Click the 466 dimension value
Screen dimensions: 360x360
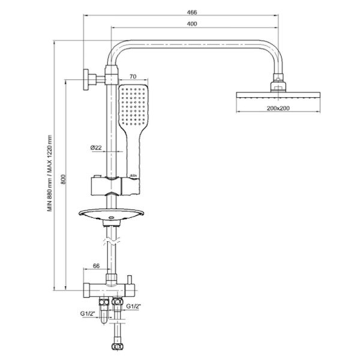point(191,12)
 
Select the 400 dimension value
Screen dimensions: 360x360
point(191,24)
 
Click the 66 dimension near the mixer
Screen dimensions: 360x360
point(96,266)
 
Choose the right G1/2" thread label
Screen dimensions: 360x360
point(134,307)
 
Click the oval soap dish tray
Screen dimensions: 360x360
point(112,214)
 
